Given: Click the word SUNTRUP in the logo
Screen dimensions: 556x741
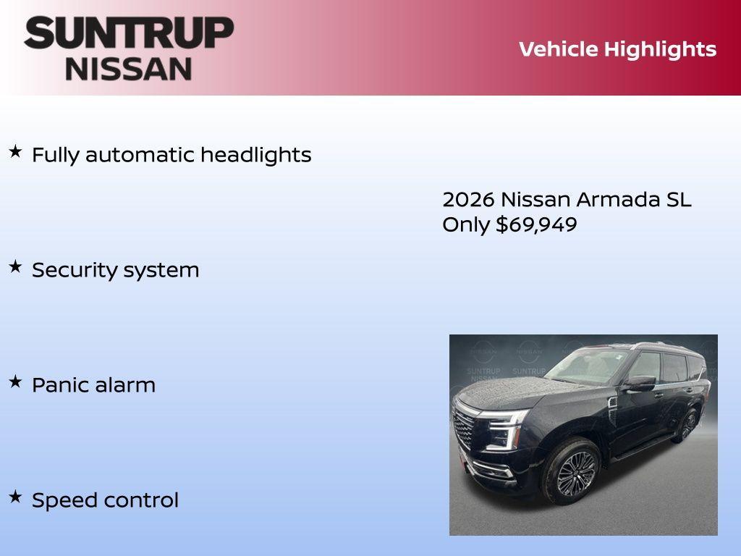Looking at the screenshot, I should point(129,33).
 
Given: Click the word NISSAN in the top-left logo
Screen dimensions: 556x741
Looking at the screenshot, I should point(129,68).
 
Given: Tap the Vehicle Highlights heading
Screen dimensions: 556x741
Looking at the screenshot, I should point(617,49).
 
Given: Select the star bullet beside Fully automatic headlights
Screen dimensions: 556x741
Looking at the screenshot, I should point(15,151).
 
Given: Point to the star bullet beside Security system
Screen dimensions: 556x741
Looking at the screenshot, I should point(15,266).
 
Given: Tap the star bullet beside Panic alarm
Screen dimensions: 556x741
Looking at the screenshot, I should point(15,382).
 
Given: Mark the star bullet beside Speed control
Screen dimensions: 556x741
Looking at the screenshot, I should point(15,497).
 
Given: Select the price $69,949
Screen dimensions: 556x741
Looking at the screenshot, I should point(536,224).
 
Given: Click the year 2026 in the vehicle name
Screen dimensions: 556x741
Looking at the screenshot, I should point(468,199).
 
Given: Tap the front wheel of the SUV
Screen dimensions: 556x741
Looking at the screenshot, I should point(571,472).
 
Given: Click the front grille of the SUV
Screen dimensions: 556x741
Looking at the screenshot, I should point(464,429).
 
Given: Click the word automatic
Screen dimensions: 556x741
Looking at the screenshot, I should point(140,154).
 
